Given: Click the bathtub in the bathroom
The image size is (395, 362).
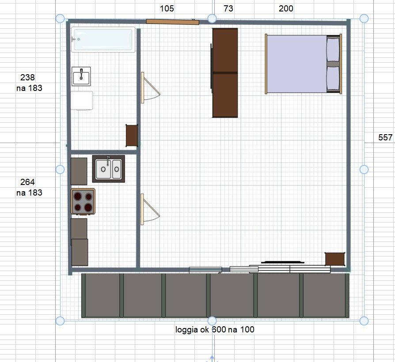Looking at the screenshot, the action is tap(103, 40).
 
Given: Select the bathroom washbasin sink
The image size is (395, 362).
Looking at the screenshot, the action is tap(81, 76).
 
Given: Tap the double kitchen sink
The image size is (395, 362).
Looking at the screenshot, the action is tap(109, 169).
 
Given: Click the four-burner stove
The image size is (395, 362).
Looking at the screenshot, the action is tap(83, 201).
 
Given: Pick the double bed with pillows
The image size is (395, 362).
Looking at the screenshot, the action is tap(303, 64).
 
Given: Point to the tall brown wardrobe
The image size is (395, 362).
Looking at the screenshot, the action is tap(225, 73).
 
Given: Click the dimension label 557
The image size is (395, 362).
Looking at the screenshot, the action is tap(385, 137).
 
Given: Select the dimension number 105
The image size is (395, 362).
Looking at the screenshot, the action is tap(167, 8).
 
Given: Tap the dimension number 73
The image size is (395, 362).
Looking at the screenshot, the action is tap(228, 8).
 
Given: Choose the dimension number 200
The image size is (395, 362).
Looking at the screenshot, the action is tap(286, 8).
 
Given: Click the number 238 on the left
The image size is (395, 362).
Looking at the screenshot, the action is tap(27, 77).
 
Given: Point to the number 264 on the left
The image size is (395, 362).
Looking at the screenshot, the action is tap(27, 182).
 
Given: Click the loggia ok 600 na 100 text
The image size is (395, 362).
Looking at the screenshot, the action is tap(215, 329).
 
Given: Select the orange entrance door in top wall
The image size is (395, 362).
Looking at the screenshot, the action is tap(173, 22).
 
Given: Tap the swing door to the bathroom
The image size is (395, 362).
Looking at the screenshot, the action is tap(150, 87).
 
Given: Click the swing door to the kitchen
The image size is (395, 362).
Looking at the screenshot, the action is tap(150, 209).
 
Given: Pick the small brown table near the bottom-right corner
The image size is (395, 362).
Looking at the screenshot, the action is tap(335, 259).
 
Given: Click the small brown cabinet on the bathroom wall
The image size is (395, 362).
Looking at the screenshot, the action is tap(132, 136).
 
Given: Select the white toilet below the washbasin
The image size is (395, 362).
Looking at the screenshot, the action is tap(82, 101).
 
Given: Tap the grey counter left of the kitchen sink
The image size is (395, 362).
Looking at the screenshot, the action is tap(79, 171).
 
